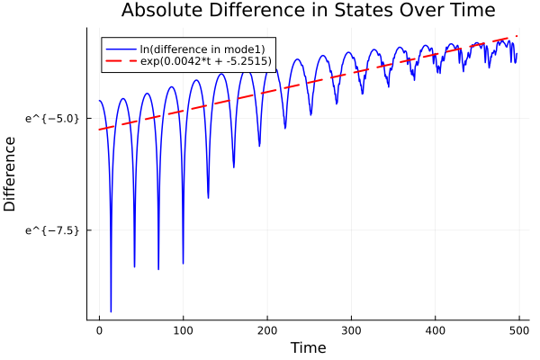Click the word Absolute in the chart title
pyautogui.click(x=159, y=11)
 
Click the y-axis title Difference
pyautogui.click(x=11, y=174)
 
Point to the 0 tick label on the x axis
pyautogui.click(x=99, y=330)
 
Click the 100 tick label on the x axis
pyautogui.click(x=183, y=330)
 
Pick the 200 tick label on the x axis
pyautogui.click(x=266, y=330)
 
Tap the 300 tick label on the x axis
pyautogui.click(x=350, y=330)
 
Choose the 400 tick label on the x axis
pyautogui.click(x=435, y=330)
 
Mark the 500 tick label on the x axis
pyautogui.click(x=518, y=330)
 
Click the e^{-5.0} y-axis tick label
pyautogui.click(x=53, y=118)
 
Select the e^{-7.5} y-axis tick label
pyautogui.click(x=53, y=230)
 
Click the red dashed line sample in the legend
pyautogui.click(x=120, y=61)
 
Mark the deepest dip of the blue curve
pyautogui.click(x=111, y=311)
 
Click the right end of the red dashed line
pyautogui.click(x=517, y=36)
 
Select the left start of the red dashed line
pyautogui.click(x=99, y=130)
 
